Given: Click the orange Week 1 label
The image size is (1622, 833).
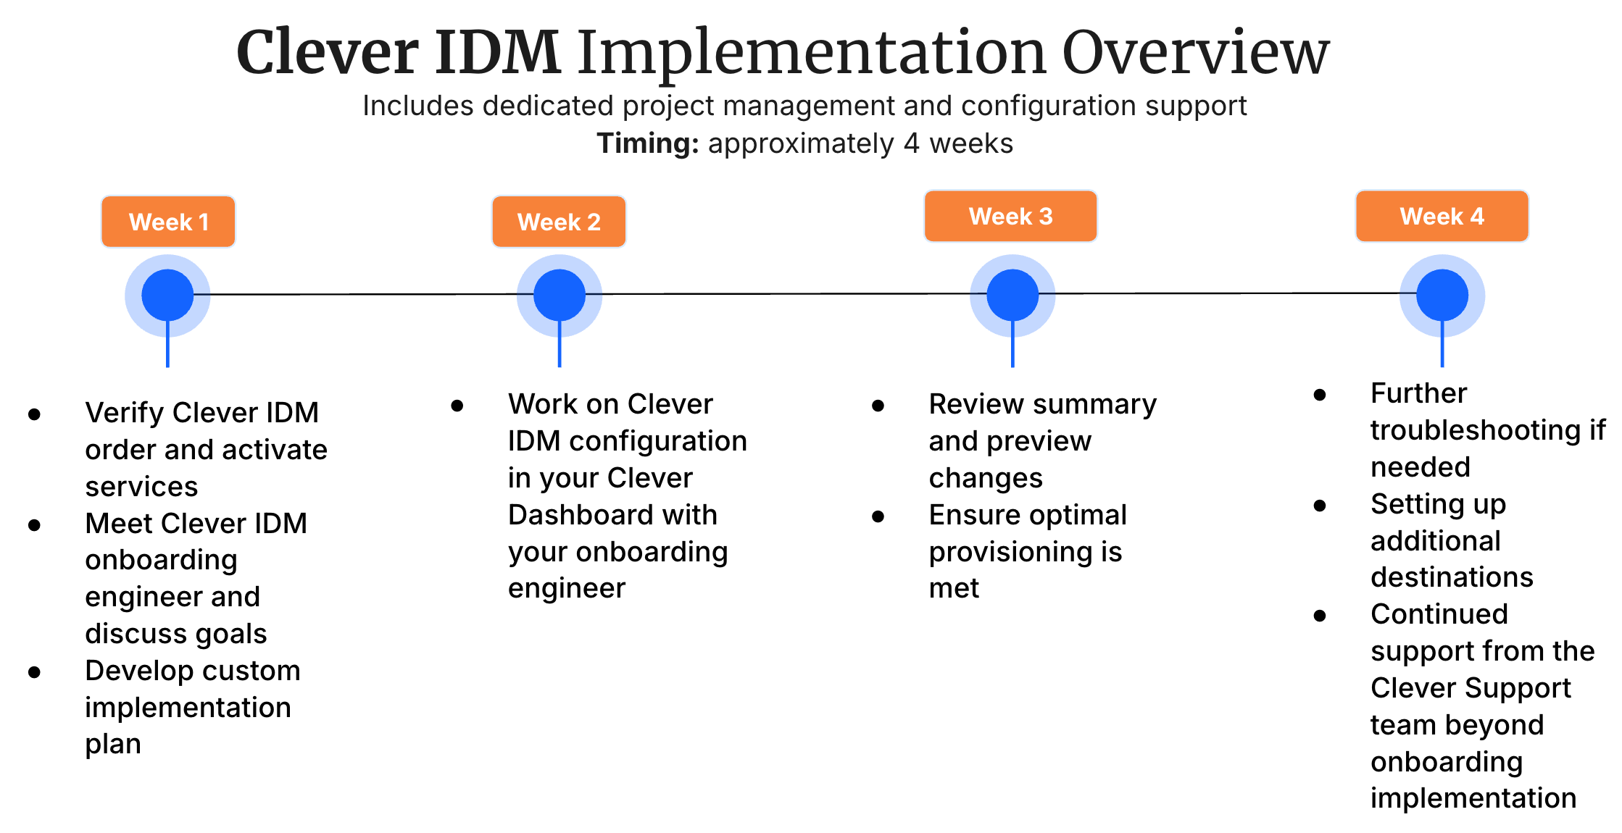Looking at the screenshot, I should click(168, 222).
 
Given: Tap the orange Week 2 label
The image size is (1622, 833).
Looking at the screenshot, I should click(559, 222).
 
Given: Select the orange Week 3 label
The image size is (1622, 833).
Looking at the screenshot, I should click(1010, 216).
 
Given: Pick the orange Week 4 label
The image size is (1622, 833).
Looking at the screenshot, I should click(1442, 216).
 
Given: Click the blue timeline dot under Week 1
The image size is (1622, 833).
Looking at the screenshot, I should click(167, 295).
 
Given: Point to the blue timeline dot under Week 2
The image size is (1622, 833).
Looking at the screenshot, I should click(559, 295).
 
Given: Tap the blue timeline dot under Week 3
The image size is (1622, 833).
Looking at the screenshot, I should click(1012, 295).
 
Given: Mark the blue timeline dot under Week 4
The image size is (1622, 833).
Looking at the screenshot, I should click(1442, 295).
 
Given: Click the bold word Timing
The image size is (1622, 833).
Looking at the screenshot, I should click(647, 143).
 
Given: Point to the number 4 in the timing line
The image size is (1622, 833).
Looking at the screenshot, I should click(911, 143).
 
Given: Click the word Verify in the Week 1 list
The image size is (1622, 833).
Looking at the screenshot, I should click(125, 413).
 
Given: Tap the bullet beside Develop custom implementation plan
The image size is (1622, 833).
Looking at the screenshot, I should click(34, 672).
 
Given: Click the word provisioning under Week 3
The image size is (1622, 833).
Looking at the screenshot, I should click(1004, 552).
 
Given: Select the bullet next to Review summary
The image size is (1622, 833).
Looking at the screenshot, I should click(878, 406).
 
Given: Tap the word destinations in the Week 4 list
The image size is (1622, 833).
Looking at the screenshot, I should click(1452, 577).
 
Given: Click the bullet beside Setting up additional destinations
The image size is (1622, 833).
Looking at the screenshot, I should click(1320, 506).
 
